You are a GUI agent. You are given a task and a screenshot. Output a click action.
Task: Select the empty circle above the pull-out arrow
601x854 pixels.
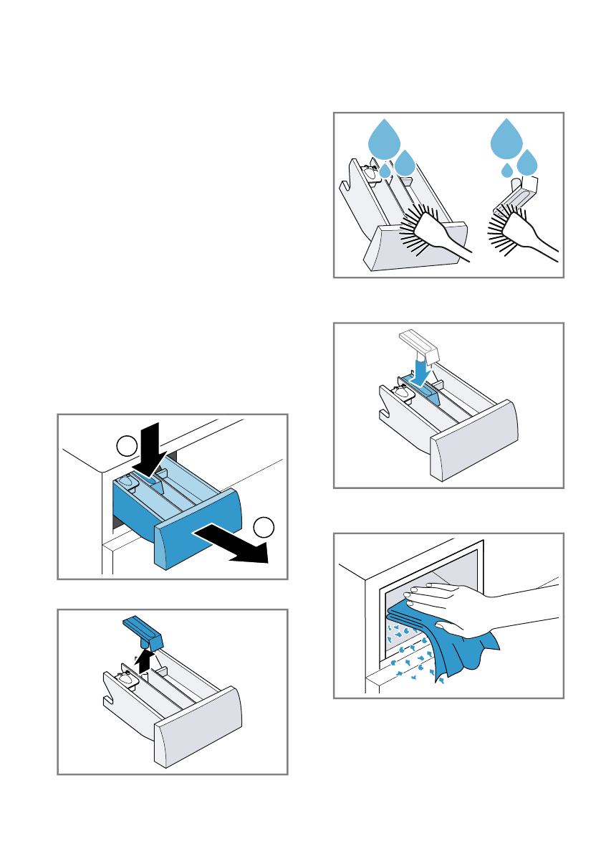pos(264,526)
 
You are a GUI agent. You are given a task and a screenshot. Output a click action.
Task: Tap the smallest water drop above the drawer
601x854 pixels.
pos(385,171)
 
